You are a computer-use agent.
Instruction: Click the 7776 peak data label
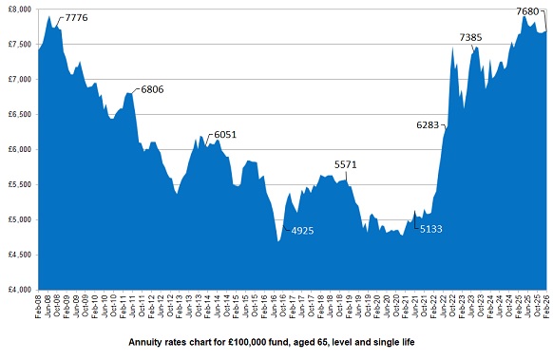tap(78, 18)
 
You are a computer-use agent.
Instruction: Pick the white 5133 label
tap(432, 229)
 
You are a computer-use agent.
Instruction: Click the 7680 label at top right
tap(527, 10)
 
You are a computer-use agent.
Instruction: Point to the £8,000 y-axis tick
tap(18, 9)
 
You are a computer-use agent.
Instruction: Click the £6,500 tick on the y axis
tap(18, 114)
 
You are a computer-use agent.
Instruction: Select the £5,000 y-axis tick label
tap(18, 219)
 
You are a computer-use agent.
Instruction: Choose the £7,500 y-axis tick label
tap(18, 44)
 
